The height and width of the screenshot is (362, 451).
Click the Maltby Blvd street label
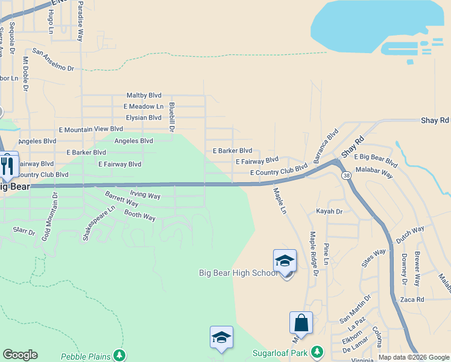143,95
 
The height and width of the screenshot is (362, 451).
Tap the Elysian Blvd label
143,118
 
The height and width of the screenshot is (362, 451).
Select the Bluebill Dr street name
172,116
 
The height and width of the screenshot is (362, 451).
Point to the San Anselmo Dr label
53,60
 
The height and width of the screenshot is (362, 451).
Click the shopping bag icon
301,323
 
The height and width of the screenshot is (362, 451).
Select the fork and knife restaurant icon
7,165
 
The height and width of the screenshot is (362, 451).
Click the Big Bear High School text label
239,273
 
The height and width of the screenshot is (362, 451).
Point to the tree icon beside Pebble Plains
120,355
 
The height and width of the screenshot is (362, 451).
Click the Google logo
20,355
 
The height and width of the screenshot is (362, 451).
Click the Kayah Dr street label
329,212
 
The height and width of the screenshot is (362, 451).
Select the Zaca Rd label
412,299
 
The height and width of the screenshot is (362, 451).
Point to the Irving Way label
145,196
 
